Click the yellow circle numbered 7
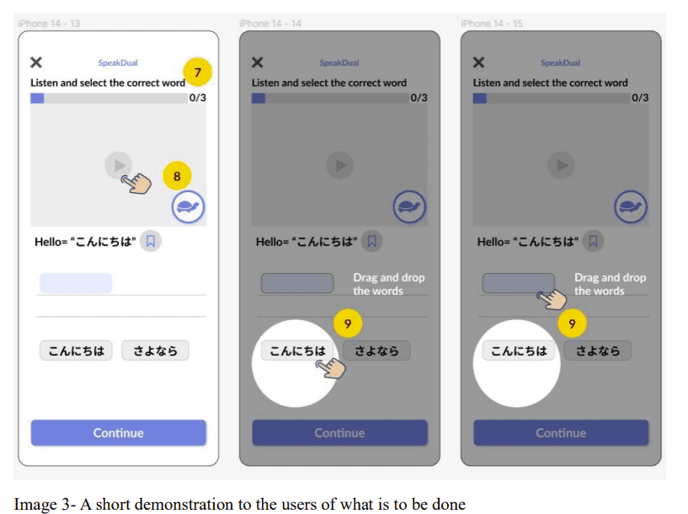[x=197, y=72]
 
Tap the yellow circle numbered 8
[x=177, y=176]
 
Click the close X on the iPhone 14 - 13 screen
[x=36, y=62]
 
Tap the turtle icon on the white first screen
[x=188, y=206]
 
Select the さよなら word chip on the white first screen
[x=155, y=351]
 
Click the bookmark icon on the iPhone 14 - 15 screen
[x=593, y=241]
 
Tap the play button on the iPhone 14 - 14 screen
[x=339, y=165]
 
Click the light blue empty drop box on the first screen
[x=76, y=283]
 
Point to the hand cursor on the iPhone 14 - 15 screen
[x=552, y=299]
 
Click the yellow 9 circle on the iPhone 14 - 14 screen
[x=348, y=324]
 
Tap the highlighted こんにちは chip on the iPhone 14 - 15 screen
[x=519, y=351]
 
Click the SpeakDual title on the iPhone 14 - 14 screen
[x=339, y=62]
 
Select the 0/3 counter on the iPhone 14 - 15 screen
[x=640, y=98]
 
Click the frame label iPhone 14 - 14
[x=270, y=24]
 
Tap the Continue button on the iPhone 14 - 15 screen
[x=561, y=433]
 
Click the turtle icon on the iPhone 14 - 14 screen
[x=409, y=206]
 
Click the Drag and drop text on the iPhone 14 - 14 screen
[x=389, y=284]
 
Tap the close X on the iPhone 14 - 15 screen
[x=478, y=62]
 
